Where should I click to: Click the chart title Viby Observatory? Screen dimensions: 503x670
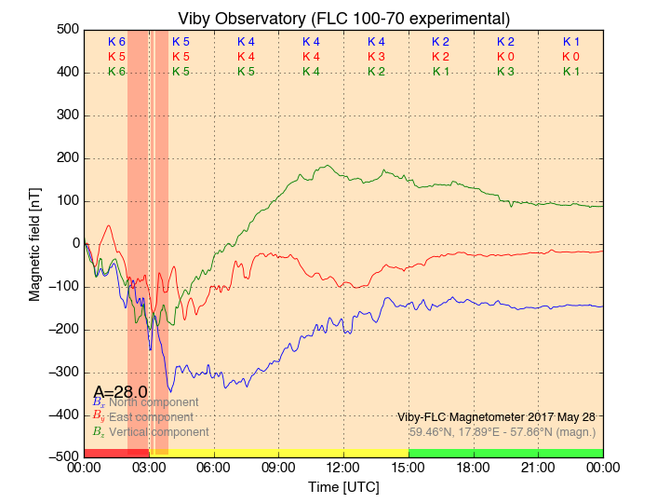click(x=343, y=19)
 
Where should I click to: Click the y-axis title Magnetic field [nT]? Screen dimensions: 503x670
click(x=34, y=241)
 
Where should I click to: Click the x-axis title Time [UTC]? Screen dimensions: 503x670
click(x=343, y=487)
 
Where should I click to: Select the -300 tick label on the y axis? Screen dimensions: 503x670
click(x=62, y=372)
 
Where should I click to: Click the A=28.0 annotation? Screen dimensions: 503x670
click(x=120, y=392)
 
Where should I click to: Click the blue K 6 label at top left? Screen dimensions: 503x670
click(x=116, y=42)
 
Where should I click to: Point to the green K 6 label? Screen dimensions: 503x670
click(x=116, y=72)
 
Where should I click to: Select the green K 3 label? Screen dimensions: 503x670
click(x=505, y=72)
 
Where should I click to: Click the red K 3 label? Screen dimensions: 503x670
click(x=376, y=57)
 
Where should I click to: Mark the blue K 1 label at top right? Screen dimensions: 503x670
click(x=570, y=42)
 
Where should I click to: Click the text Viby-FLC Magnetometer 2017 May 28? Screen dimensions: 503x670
click(x=496, y=417)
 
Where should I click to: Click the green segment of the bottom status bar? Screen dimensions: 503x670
click(x=505, y=453)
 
